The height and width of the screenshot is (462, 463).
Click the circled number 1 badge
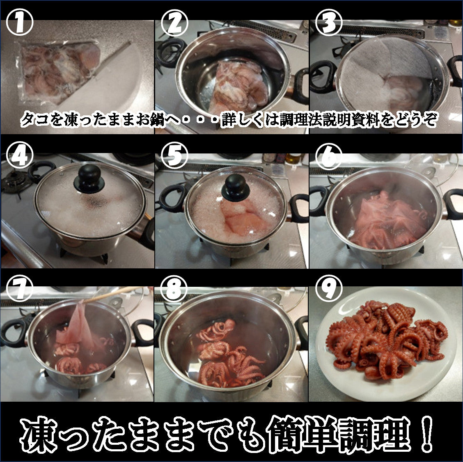coord(19,23)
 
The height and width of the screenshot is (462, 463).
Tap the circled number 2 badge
coord(174,23)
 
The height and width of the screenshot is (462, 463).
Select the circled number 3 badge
coord(329,23)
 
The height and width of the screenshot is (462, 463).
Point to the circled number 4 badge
coord(19,155)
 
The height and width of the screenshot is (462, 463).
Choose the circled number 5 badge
coord(174,155)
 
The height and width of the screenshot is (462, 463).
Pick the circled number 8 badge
coord(174,289)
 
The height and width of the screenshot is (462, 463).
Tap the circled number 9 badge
coord(329,289)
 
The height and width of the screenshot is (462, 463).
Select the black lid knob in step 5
coord(236,188)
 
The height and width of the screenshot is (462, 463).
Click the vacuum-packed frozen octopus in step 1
coord(58,71)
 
